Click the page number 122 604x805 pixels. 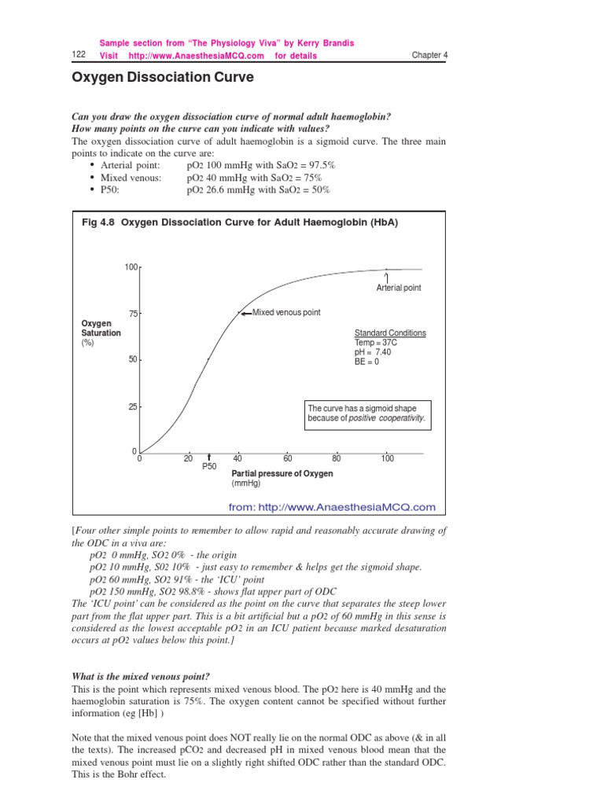(78, 54)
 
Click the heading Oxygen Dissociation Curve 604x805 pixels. (163, 79)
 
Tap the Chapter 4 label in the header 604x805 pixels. (429, 55)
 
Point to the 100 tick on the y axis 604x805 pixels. (131, 268)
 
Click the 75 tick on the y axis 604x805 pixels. (133, 314)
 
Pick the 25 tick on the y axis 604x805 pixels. (133, 406)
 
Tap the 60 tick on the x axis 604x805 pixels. (288, 459)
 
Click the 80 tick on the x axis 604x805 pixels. (337, 459)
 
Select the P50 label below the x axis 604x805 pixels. (209, 467)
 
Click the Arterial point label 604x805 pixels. (399, 288)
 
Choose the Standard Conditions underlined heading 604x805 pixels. (390, 333)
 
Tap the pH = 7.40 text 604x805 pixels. (374, 352)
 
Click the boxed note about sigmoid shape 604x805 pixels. (367, 414)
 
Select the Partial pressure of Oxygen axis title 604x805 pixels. (282, 474)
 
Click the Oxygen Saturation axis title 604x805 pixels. (101, 329)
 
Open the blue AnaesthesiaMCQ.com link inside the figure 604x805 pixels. (331, 507)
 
